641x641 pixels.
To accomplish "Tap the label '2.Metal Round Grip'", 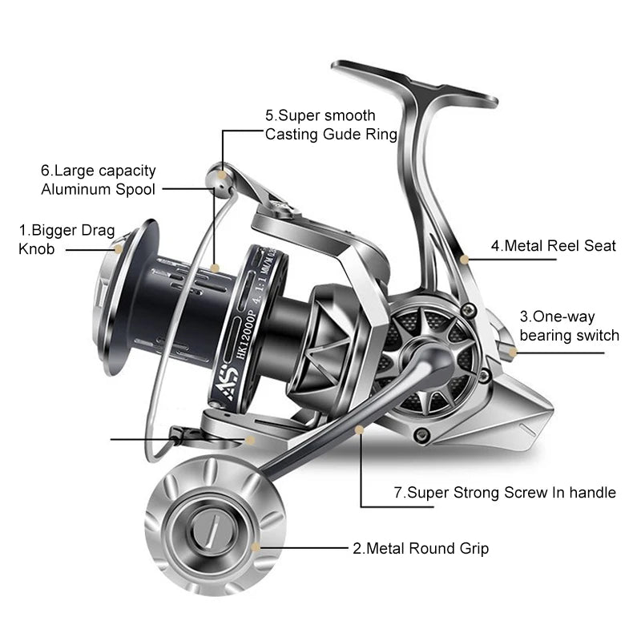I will pos(421,549).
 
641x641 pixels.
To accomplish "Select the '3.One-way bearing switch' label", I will pos(569,326).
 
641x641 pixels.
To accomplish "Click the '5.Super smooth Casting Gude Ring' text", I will pos(331,125).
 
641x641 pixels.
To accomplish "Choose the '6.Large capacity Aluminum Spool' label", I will pos(98,180).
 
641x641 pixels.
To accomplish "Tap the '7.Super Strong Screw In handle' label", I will pos(505,492).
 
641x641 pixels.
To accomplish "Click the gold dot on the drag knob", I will pos(119,249).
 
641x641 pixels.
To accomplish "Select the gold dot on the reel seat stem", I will pos(465,258).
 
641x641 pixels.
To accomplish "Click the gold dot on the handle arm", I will pos(360,430).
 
